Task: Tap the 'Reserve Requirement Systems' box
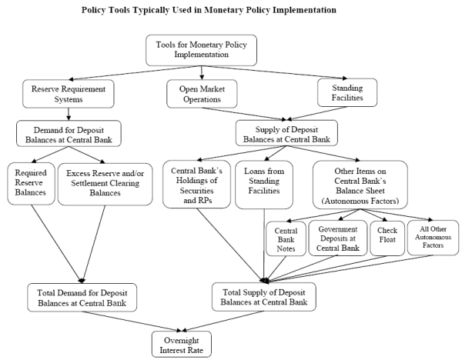(x=69, y=94)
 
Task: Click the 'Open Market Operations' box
(x=201, y=94)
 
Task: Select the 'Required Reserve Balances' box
(x=30, y=183)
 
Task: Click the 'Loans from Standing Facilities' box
(x=264, y=183)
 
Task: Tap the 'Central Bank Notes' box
(x=285, y=238)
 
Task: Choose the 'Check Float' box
(x=386, y=238)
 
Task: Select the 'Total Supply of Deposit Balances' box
(x=264, y=296)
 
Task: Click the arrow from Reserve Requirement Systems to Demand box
(x=69, y=113)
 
